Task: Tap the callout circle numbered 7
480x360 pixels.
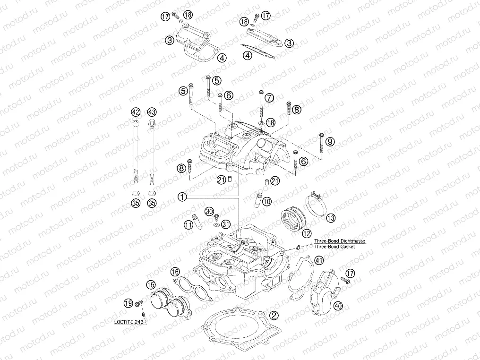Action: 269,98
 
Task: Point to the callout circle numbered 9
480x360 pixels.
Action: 330,141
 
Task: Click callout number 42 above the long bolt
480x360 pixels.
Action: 136,112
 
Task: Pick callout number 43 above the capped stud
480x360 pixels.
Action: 152,112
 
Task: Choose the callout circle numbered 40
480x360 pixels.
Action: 338,306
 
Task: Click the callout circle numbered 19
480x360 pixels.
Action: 128,303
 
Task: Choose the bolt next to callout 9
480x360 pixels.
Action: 321,143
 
